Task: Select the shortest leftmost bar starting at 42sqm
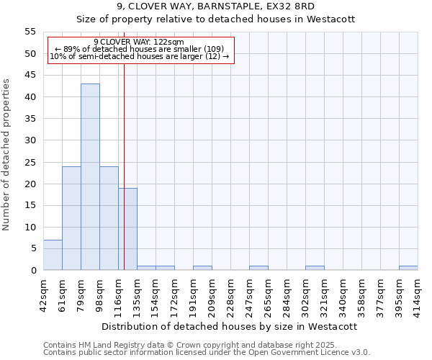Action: coord(53,255)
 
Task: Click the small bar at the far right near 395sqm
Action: coord(408,268)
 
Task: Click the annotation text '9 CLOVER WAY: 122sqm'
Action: coord(139,42)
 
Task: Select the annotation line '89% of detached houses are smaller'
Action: coord(139,49)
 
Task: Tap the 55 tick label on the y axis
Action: coord(30,32)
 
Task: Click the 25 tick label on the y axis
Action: coord(30,162)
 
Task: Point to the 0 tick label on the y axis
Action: coord(33,271)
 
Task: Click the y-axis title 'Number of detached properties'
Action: coord(6,155)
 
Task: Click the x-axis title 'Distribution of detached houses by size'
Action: coord(229,326)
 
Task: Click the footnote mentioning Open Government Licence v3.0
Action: coord(207,352)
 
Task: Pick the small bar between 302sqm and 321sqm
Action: coord(315,268)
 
